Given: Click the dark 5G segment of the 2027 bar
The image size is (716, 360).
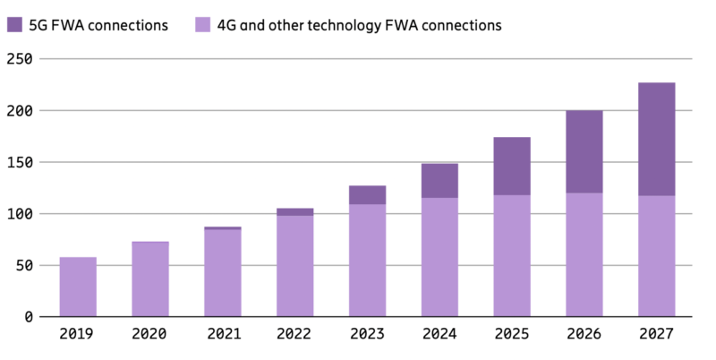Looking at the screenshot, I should (656, 139).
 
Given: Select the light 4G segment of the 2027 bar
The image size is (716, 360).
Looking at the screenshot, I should (656, 256).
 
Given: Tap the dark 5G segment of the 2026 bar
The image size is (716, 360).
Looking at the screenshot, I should (584, 151).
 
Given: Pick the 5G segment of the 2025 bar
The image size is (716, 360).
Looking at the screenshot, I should (511, 167).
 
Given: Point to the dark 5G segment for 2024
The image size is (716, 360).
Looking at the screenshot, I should (439, 181).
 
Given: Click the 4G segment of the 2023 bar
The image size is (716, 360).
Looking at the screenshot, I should (366, 261).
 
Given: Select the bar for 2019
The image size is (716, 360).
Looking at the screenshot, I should (78, 287).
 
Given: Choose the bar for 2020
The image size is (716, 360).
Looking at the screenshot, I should (149, 279).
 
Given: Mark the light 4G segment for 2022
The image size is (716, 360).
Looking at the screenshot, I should (294, 266).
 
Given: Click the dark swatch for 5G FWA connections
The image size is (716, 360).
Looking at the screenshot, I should (15, 25).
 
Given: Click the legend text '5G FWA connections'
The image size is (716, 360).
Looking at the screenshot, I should (99, 25).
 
